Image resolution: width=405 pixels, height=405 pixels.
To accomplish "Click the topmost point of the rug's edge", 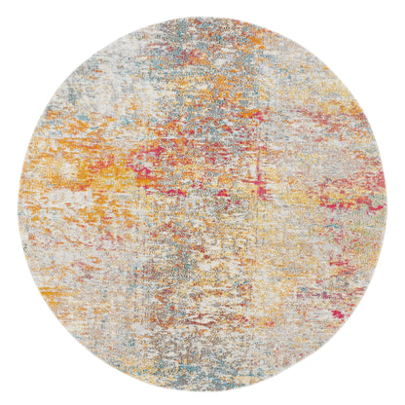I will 202,17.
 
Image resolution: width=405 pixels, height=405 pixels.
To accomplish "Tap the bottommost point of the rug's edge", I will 202,388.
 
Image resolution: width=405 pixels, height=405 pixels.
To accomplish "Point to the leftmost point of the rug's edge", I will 17,202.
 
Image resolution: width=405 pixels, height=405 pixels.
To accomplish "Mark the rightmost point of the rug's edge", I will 388,202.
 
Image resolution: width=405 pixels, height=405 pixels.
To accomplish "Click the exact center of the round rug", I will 202,202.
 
